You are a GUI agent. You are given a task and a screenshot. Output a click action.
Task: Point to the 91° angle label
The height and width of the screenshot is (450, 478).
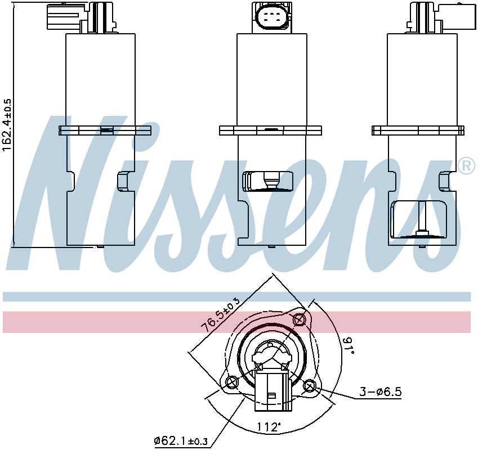(x=347, y=345)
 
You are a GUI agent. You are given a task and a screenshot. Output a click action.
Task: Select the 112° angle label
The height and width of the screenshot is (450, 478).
(x=268, y=427)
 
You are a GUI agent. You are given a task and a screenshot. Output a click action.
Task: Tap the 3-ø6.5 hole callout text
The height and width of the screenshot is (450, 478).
(x=380, y=391)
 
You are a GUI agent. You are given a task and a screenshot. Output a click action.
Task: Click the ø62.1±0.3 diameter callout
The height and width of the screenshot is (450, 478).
(x=181, y=440)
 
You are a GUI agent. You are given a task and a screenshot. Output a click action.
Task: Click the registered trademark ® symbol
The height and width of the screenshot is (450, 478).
(x=466, y=166)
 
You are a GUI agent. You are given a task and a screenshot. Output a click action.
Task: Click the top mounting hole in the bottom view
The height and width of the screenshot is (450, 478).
(x=299, y=319)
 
